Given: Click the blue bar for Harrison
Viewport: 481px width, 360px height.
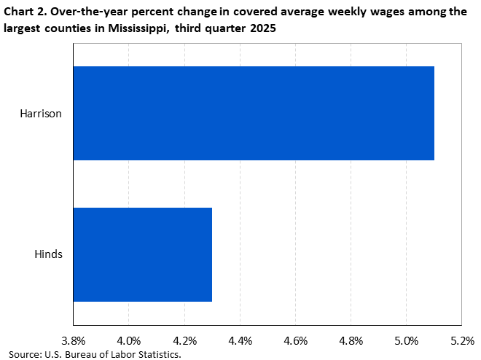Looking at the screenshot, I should [254, 113].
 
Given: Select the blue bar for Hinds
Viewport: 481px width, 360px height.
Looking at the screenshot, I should [143, 254].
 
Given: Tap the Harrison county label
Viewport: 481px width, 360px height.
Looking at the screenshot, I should [42, 114].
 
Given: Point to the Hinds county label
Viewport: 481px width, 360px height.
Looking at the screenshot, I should [48, 254].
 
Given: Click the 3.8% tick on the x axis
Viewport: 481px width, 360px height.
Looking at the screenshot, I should [73, 340].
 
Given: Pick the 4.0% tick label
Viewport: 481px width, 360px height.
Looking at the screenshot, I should [128, 340].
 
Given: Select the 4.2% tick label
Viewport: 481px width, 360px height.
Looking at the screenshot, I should [184, 340].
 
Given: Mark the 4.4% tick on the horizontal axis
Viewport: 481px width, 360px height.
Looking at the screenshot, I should [240, 340].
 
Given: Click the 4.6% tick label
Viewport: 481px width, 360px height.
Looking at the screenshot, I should [295, 340].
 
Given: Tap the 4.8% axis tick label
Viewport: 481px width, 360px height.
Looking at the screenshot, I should [351, 340].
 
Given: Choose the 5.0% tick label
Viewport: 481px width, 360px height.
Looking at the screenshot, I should [407, 340].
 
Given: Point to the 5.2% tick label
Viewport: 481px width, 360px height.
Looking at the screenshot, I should [462, 340].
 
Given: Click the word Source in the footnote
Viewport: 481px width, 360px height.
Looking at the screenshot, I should [25, 354].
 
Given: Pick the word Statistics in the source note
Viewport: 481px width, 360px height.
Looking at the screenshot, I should [156, 354].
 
